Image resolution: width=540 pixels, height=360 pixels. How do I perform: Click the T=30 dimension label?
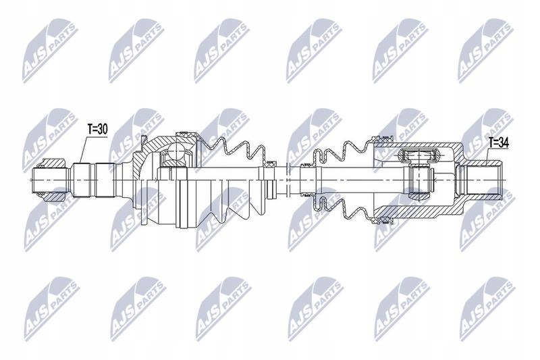pos(98,129)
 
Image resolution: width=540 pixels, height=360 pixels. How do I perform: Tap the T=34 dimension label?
pos(499,143)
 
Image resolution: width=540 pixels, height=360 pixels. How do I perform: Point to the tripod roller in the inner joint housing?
pos(418,155)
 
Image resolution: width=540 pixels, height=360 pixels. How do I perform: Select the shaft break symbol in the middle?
pos(289,180)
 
